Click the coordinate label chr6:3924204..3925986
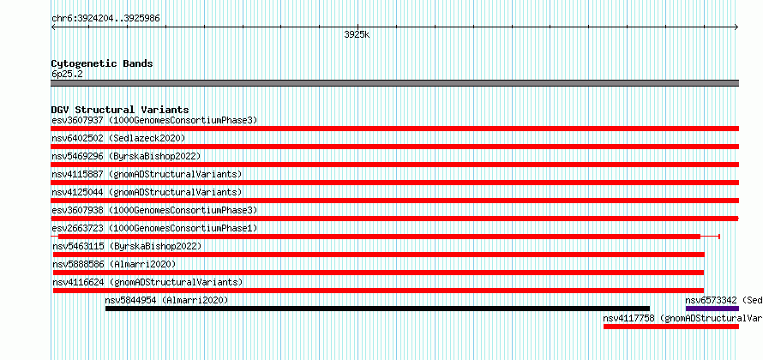point(105,19)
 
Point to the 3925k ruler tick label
point(357,35)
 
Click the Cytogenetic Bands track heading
point(102,63)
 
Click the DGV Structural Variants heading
point(120,110)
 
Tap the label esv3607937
point(77,120)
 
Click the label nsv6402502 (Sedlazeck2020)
point(118,138)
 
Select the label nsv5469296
point(77,156)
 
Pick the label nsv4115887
point(77,174)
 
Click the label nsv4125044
point(77,192)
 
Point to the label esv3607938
point(77,210)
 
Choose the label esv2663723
point(77,228)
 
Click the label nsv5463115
point(78,246)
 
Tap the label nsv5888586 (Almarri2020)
point(114,264)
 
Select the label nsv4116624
point(78,282)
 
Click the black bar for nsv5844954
point(377,309)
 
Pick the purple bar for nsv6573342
point(712,309)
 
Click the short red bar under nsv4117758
point(671,327)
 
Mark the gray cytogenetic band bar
point(395,83)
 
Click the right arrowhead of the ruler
point(736,27)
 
